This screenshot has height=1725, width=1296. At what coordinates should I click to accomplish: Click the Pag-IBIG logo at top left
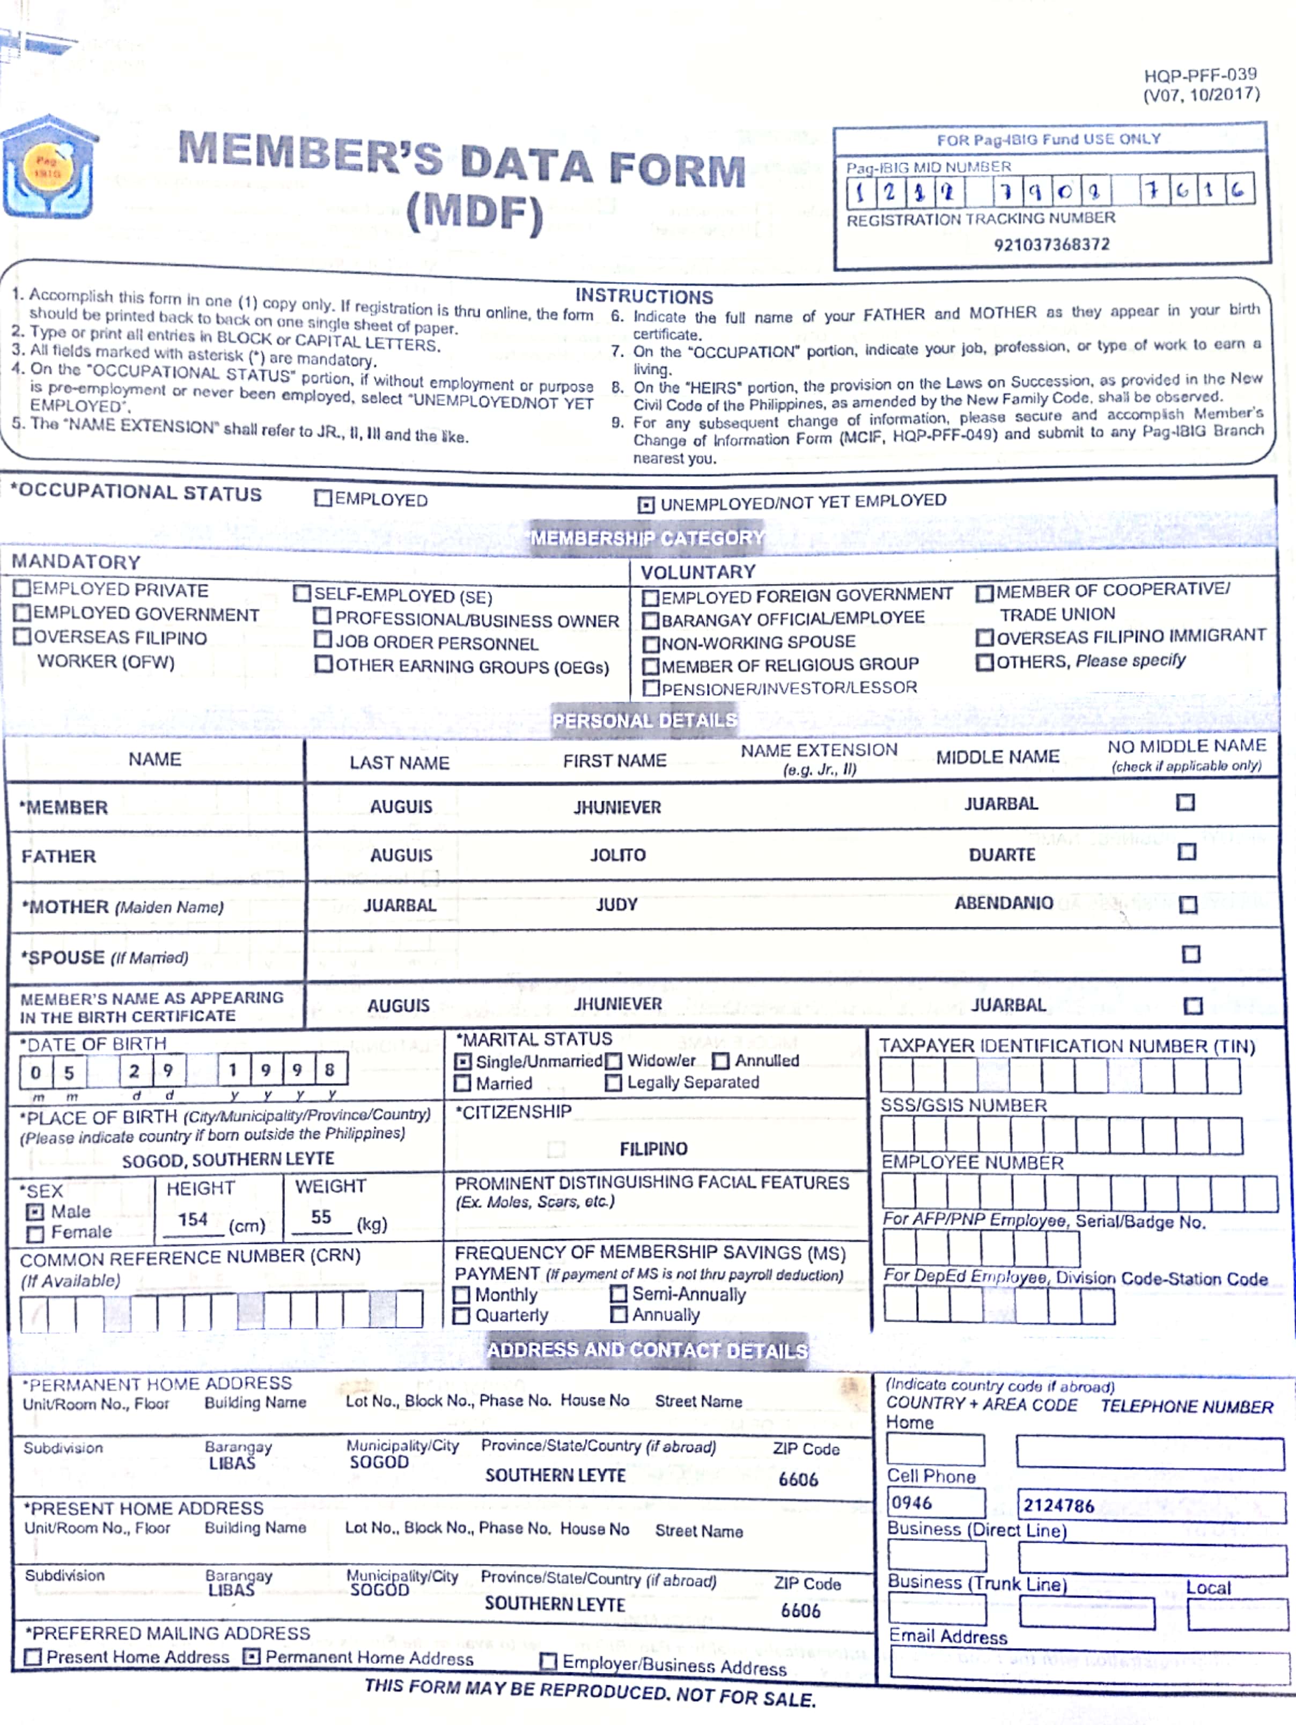[x=49, y=167]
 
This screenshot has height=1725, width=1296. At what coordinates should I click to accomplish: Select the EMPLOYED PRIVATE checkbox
[x=22, y=589]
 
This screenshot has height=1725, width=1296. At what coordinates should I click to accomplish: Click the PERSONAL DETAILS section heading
[x=644, y=720]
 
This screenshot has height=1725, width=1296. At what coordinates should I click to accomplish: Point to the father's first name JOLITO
[x=617, y=854]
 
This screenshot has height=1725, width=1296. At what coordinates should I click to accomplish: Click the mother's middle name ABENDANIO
[x=1004, y=903]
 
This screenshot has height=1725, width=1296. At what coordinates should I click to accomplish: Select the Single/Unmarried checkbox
[x=463, y=1061]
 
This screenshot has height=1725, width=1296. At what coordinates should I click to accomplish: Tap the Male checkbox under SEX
[x=35, y=1212]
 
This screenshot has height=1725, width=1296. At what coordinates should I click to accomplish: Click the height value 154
[x=193, y=1219]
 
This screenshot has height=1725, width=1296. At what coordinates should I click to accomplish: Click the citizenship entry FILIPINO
[x=653, y=1149]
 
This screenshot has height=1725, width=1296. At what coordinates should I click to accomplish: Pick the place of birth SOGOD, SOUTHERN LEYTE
[x=227, y=1160]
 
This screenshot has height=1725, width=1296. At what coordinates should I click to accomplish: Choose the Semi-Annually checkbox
[x=618, y=1294]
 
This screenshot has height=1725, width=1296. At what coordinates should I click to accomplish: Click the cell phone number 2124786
[x=1058, y=1505]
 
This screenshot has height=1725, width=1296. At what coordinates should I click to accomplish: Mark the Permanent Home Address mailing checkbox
[x=251, y=1656]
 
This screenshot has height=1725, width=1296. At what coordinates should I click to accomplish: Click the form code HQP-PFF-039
[x=1200, y=75]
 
